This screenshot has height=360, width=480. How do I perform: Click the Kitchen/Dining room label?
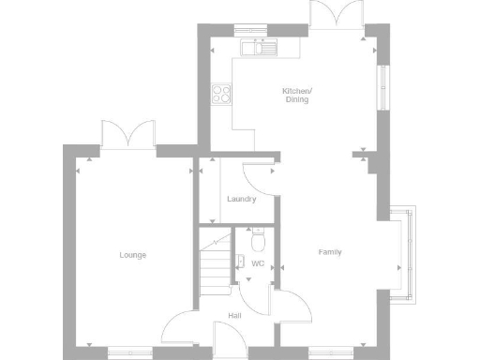coord(297,95)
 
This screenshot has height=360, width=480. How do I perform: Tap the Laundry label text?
coord(241,199)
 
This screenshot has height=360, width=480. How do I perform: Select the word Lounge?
coord(132,255)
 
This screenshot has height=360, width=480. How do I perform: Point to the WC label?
coord(258,263)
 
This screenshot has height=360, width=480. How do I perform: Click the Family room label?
coord(329,252)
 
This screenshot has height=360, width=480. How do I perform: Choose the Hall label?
coord(234,316)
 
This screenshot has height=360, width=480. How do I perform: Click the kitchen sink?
coord(253,45)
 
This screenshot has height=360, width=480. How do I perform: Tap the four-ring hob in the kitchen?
coord(223,93)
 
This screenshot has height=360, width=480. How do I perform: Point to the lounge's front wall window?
coord(129,352)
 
